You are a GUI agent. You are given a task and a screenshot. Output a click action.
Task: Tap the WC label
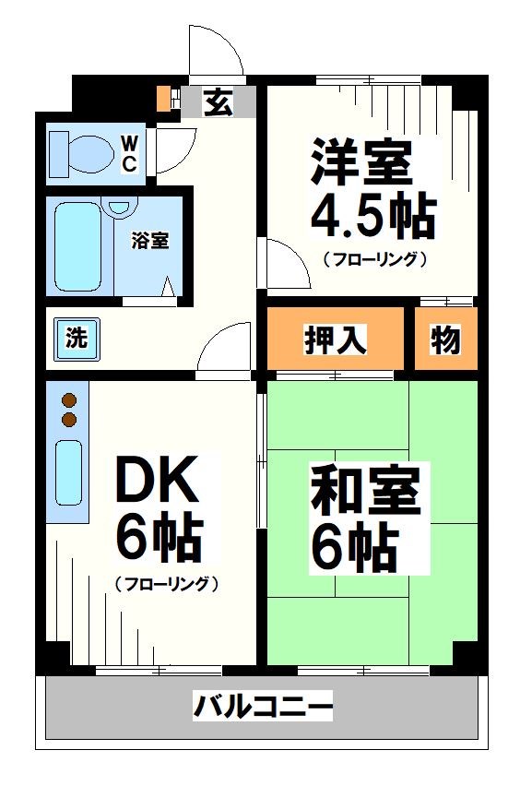[x=130, y=153]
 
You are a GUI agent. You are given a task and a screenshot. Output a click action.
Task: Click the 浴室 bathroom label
[x=149, y=242]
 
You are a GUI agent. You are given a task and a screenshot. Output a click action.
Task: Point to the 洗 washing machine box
[x=76, y=338]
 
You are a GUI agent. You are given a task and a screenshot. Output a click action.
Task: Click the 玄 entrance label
[x=217, y=101]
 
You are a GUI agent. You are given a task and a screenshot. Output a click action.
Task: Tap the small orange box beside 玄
[x=164, y=98]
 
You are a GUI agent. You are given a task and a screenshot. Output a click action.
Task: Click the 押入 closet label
[x=336, y=340]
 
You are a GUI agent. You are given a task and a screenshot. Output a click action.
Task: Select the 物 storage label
[x=445, y=340]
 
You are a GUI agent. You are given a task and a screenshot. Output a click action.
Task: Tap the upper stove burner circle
[x=68, y=400]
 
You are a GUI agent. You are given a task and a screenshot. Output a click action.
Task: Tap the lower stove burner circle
[x=68, y=420]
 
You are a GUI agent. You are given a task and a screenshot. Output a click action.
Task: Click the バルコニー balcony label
[x=262, y=709]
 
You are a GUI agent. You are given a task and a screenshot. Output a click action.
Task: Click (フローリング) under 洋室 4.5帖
[x=373, y=259]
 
